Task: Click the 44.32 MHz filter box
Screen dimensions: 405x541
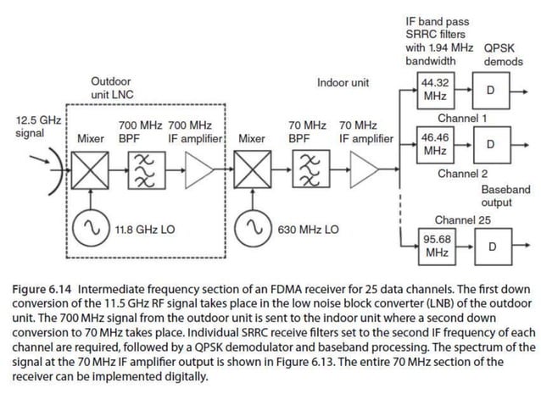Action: tap(436, 90)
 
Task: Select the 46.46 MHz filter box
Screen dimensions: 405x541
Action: tap(436, 143)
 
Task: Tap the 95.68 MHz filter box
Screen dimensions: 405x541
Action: tap(436, 246)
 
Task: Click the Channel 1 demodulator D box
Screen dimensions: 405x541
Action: tap(490, 90)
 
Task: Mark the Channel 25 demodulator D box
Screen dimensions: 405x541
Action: tap(490, 246)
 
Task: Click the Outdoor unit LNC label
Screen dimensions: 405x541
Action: tap(112, 87)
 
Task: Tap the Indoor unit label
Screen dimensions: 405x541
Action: tap(343, 82)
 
